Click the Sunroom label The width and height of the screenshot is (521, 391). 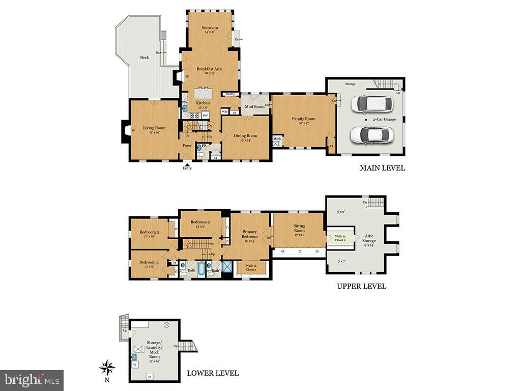209,27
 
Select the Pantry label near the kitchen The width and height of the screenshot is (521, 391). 230,94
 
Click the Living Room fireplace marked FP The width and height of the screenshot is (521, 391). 125,131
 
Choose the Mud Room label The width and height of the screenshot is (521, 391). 255,107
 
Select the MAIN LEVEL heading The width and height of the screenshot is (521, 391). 382,168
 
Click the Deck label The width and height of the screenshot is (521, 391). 145,58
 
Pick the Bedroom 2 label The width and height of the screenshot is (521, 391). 200,222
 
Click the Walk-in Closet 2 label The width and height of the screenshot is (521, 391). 340,238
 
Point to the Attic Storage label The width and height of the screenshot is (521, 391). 369,238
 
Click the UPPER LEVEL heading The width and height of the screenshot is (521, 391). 361,286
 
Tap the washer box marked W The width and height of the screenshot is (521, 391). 135,365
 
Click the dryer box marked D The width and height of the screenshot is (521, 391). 149,377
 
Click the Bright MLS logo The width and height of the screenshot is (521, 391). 32,379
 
